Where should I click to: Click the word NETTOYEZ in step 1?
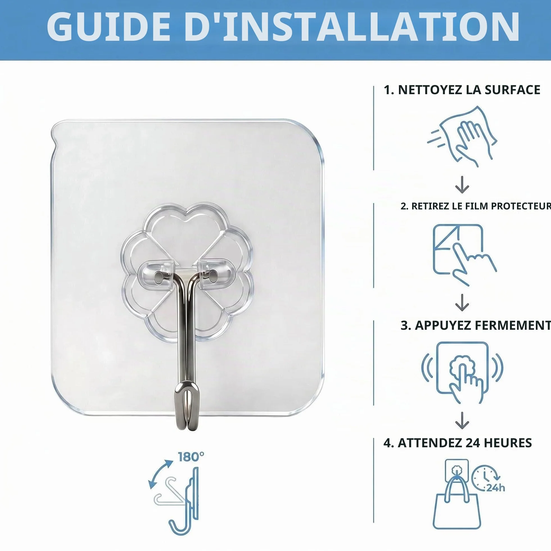(x=430, y=90)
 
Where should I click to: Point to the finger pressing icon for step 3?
(x=462, y=372)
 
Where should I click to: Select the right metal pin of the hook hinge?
(x=212, y=275)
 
